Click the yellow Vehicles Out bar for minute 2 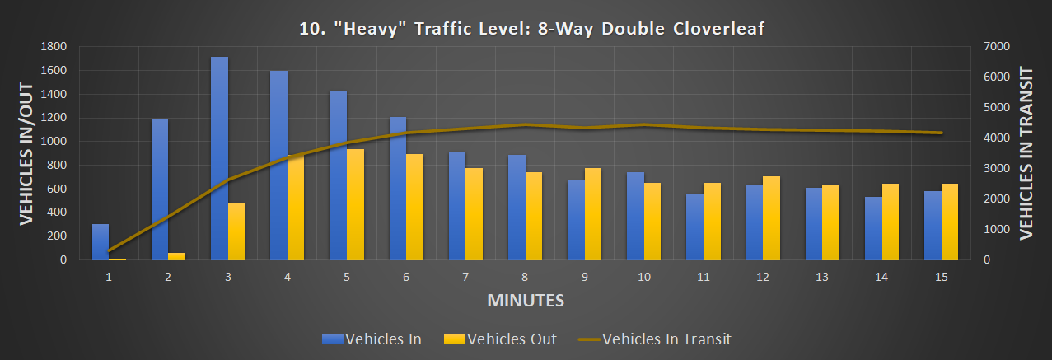pos(176,256)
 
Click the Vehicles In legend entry pos(373,339)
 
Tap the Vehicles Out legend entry pos(500,339)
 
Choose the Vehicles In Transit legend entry pos(654,339)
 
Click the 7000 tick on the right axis pos(998,47)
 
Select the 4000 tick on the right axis pos(998,138)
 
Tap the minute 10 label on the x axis pos(643,278)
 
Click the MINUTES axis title pos(526,301)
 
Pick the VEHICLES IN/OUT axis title pos(26,153)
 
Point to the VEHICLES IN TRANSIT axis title pos(1026,153)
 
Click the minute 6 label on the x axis pos(406,278)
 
